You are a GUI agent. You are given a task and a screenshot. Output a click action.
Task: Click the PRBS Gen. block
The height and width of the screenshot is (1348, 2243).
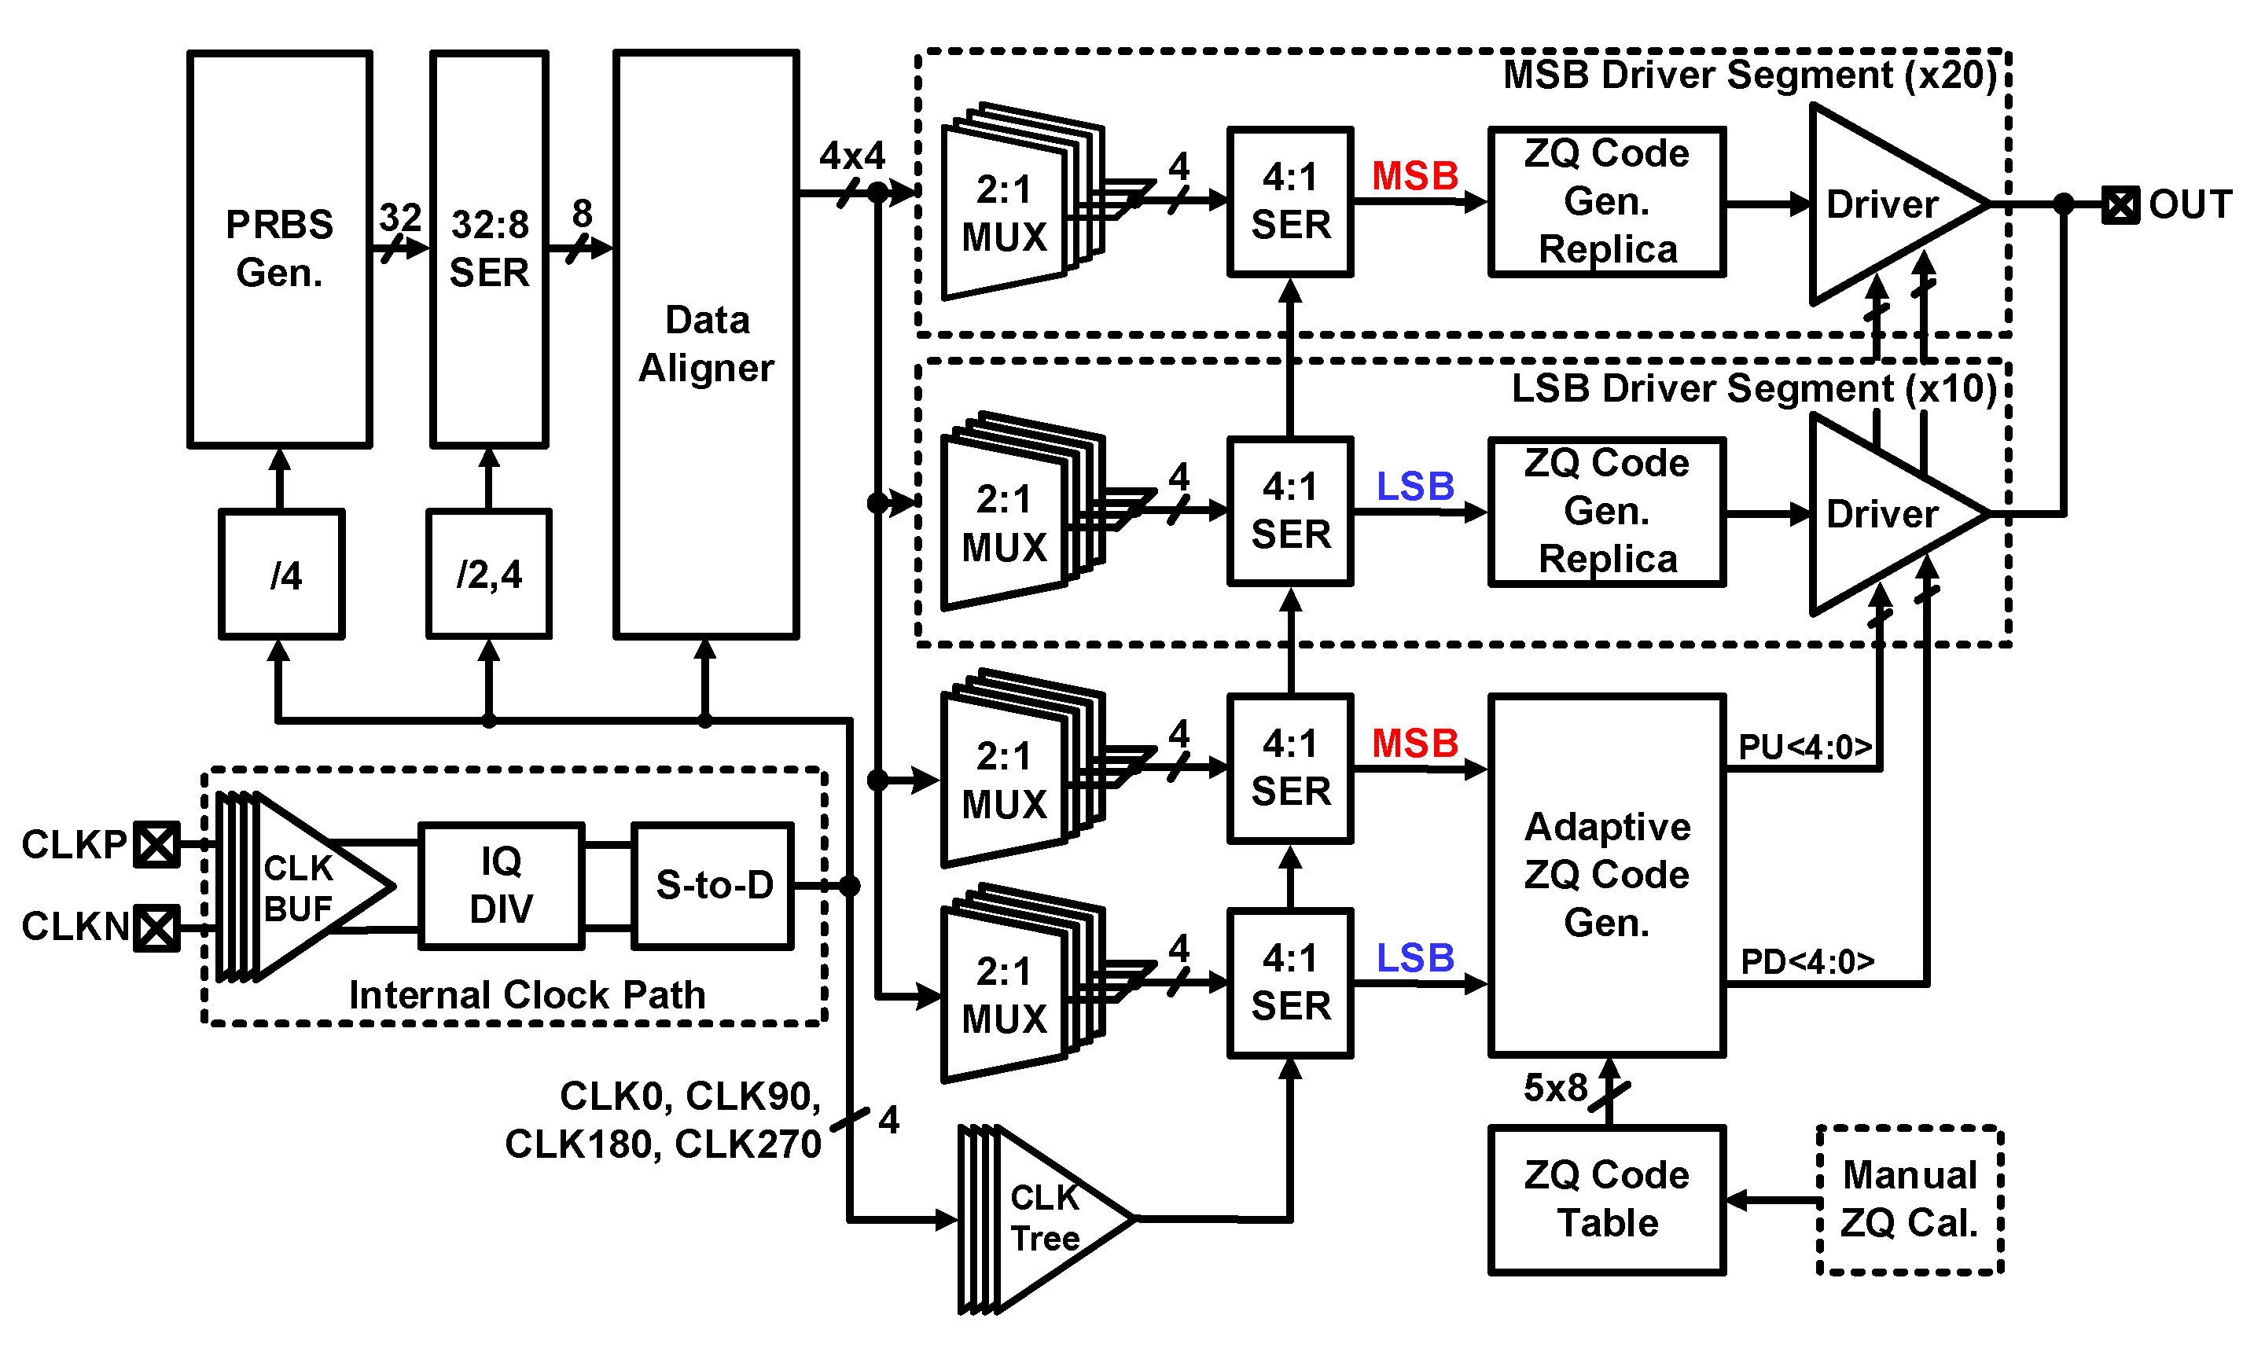point(279,248)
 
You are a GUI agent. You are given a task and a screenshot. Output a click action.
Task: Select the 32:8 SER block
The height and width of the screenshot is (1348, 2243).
point(489,248)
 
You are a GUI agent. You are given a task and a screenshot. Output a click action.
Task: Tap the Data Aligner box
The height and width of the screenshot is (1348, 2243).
point(705,343)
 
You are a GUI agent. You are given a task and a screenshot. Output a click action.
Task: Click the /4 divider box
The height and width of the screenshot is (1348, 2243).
point(281,574)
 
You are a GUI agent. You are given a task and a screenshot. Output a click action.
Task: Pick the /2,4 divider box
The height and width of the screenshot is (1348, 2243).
point(489,574)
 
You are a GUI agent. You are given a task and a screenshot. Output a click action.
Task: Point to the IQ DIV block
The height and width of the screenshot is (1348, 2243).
point(501,886)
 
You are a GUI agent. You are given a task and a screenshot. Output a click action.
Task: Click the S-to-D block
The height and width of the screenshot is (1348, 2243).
point(713,886)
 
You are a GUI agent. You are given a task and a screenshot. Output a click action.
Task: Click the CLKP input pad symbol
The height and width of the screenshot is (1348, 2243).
point(156,845)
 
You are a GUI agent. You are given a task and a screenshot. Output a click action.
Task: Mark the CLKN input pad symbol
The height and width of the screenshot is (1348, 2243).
point(156,927)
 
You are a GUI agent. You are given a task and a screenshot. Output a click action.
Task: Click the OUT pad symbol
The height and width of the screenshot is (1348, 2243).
point(2120,205)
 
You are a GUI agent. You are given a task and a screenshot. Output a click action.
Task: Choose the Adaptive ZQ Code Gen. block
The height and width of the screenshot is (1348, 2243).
point(1606,875)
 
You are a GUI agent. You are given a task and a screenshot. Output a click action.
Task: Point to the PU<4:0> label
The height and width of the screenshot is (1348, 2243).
point(1804,747)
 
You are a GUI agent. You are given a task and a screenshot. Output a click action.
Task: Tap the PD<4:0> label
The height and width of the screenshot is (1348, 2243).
point(1806,962)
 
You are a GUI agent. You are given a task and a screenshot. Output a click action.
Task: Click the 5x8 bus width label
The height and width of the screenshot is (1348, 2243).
point(1554,1087)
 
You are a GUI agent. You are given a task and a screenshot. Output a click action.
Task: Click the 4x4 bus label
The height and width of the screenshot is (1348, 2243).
point(851,156)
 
